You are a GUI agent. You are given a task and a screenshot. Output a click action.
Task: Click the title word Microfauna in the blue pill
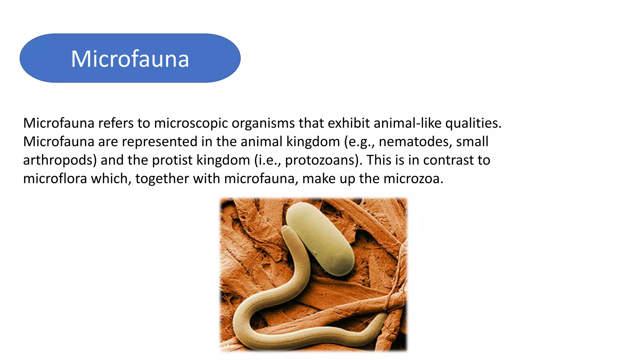130,59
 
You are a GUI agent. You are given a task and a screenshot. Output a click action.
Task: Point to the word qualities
473,123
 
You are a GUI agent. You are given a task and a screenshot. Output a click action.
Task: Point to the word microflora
55,179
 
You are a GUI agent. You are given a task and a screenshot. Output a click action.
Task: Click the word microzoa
413,179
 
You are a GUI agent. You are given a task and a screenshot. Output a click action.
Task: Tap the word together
162,179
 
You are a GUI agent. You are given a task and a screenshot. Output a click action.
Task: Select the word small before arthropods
472,142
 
